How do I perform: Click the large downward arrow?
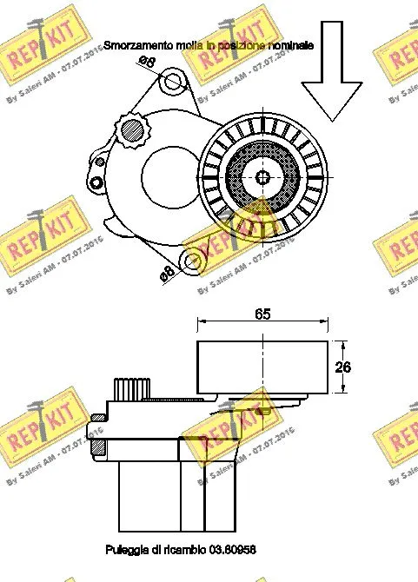tap(331, 83)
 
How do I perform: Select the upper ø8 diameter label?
tap(147, 61)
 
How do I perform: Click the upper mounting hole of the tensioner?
tap(173, 83)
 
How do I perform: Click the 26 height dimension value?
tap(343, 367)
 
